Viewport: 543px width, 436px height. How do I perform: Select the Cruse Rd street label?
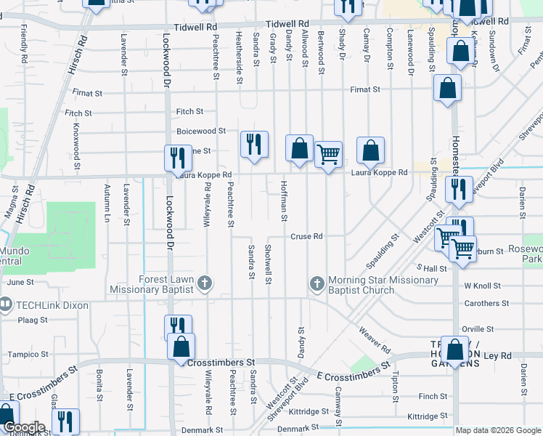click(306, 236)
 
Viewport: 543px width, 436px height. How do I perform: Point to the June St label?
click(20, 282)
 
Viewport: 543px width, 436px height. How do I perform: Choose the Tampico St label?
click(28, 355)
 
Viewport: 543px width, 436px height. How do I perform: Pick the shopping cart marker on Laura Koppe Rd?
click(328, 154)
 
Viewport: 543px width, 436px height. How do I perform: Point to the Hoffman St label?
click(284, 201)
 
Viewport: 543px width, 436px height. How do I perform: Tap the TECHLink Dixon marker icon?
click(6, 304)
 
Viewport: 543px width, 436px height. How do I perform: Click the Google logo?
click(23, 428)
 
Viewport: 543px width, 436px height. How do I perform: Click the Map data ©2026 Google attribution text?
click(497, 430)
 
